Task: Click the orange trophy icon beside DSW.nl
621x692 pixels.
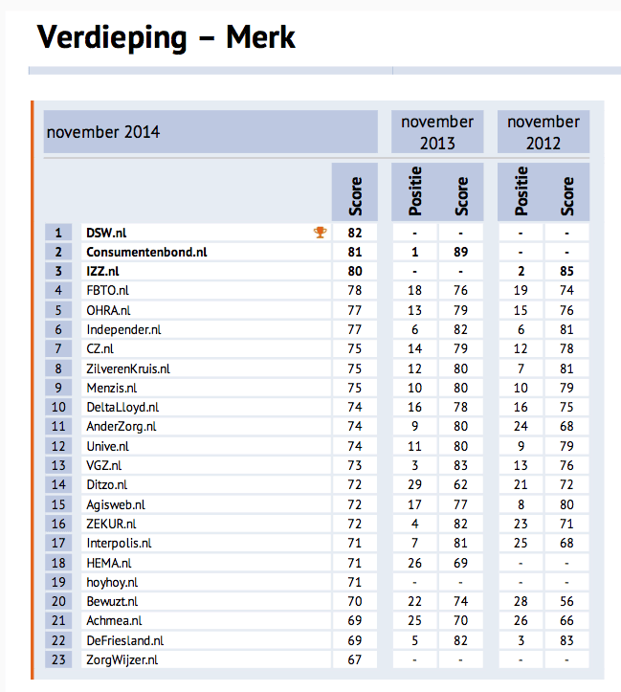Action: pyautogui.click(x=321, y=232)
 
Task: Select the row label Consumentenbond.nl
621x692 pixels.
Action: pyautogui.click(x=146, y=253)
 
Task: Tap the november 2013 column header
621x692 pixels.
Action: pyautogui.click(x=437, y=132)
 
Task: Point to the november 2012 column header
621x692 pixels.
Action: pyautogui.click(x=543, y=132)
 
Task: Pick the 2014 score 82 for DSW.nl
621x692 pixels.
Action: pyautogui.click(x=355, y=233)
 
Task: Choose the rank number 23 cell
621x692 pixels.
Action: pyautogui.click(x=58, y=660)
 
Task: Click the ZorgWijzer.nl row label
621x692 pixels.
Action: pyautogui.click(x=122, y=660)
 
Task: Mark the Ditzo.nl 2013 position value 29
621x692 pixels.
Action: pyautogui.click(x=414, y=484)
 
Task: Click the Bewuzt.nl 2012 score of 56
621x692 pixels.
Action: pyautogui.click(x=567, y=600)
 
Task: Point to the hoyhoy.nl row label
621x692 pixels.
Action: pyautogui.click(x=112, y=582)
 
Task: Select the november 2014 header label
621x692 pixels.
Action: pyautogui.click(x=103, y=132)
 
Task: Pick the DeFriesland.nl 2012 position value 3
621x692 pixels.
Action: pyautogui.click(x=521, y=640)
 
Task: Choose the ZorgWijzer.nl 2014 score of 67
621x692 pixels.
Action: pyautogui.click(x=355, y=660)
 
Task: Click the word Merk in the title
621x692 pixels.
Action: pyautogui.click(x=261, y=37)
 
